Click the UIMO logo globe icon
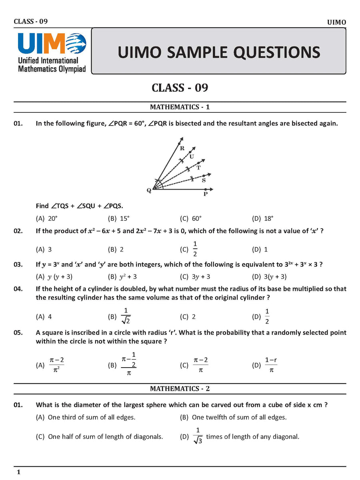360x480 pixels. click(76, 44)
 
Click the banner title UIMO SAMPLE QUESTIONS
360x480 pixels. click(219, 52)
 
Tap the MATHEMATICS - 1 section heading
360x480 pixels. click(180, 107)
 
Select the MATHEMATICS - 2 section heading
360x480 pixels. click(180, 388)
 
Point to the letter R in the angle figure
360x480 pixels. click(182, 148)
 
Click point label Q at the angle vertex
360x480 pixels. click(149, 191)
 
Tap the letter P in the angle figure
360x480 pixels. click(205, 194)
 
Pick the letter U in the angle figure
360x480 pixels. click(192, 156)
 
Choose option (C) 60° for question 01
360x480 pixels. click(191, 218)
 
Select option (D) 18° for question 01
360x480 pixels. click(263, 218)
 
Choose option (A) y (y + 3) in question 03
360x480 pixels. click(54, 276)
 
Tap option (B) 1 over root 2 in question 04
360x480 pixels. click(120, 316)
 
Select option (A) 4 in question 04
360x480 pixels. click(44, 316)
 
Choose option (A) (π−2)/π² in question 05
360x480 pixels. click(51, 365)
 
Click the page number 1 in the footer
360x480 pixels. click(18, 472)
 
